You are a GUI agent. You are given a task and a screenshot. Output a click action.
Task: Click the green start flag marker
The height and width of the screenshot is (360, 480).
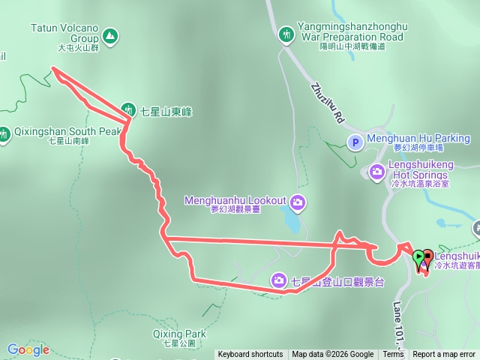(x=418, y=258)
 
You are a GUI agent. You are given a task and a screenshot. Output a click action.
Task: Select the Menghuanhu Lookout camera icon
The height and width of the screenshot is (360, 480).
(x=298, y=202)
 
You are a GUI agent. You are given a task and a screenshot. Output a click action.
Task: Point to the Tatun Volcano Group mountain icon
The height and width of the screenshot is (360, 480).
(x=110, y=35)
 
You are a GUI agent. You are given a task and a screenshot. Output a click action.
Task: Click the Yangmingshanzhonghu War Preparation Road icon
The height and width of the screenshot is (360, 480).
(x=286, y=34)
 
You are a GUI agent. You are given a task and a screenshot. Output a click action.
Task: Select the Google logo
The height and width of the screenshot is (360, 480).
(x=28, y=349)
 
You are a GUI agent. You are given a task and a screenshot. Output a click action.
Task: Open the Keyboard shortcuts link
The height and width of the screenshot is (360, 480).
(x=250, y=354)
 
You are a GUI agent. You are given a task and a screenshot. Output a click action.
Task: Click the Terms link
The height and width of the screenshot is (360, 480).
(x=393, y=354)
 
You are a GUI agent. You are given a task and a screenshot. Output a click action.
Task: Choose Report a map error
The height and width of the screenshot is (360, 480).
(x=444, y=354)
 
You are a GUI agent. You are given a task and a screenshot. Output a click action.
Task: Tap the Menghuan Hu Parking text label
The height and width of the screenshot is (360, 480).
(x=418, y=139)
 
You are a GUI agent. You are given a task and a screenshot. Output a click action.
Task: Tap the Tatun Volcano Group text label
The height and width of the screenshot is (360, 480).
(x=64, y=32)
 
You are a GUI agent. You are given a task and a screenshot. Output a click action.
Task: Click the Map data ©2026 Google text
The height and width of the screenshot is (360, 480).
(x=333, y=354)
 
